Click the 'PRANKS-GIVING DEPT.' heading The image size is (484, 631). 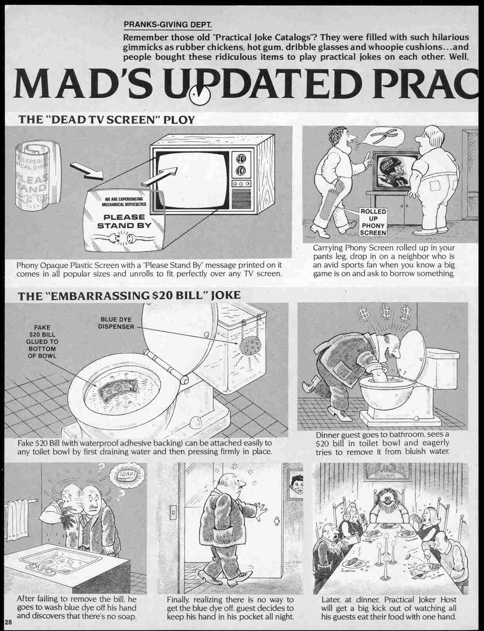(x=168, y=24)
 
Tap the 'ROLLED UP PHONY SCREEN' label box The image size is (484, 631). (x=373, y=222)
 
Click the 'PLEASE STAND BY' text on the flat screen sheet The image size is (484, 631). (x=124, y=221)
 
